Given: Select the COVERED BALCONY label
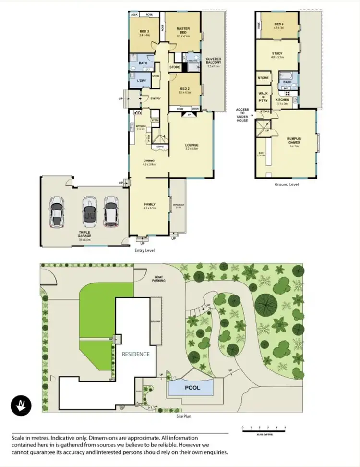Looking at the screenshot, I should [x=214, y=62].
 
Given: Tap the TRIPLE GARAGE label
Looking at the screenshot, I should [x=85, y=233].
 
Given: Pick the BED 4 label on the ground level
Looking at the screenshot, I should [x=279, y=26].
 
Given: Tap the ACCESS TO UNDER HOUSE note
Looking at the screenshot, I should [x=242, y=115].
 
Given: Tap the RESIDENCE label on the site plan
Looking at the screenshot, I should [x=135, y=354].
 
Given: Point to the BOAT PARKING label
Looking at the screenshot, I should [x=159, y=279].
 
